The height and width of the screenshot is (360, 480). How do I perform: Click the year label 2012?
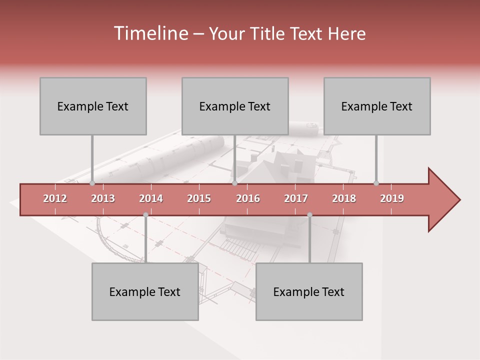[x=55, y=198]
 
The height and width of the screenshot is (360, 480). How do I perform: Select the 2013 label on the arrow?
[x=103, y=198]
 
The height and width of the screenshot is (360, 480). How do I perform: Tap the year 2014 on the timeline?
[x=151, y=198]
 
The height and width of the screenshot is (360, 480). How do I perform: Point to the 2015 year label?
[x=199, y=198]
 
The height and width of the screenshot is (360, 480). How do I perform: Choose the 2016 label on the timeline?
[x=248, y=198]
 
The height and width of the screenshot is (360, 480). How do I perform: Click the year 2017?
[x=296, y=198]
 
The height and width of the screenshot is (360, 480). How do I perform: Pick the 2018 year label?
[x=344, y=198]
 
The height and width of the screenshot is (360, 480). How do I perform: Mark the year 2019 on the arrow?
[x=392, y=198]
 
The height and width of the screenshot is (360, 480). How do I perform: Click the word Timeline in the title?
[x=150, y=33]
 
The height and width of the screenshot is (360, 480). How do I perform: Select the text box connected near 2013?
[x=93, y=106]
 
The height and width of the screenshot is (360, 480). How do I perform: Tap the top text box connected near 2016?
[x=235, y=106]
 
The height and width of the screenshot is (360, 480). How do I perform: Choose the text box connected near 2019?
[x=377, y=106]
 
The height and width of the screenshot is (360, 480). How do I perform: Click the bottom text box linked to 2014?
[x=145, y=291]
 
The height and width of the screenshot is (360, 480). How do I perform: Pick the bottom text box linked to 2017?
[x=309, y=291]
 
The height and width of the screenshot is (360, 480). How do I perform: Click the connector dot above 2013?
[x=92, y=183]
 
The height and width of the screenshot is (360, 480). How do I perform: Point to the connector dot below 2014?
[x=145, y=215]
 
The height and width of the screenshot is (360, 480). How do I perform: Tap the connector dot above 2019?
[x=376, y=183]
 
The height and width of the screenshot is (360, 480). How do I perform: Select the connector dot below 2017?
[x=309, y=215]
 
